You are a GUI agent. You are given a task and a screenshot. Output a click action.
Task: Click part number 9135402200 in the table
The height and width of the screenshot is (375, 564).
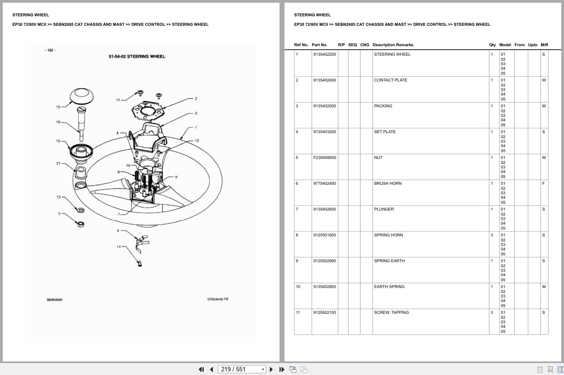(x=325, y=54)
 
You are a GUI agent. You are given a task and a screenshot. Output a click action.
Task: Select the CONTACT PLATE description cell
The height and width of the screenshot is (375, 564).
(x=390, y=80)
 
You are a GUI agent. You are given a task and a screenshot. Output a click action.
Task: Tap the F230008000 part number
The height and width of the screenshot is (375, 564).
(x=325, y=158)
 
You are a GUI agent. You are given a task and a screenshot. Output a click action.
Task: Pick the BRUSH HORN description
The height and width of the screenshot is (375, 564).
(x=388, y=183)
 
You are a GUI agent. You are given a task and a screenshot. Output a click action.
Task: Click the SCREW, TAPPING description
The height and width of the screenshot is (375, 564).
(x=392, y=312)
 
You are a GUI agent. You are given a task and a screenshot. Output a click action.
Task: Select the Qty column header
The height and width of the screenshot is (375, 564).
(x=493, y=45)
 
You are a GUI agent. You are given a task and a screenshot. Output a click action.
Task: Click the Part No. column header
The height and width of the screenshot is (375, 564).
(x=319, y=45)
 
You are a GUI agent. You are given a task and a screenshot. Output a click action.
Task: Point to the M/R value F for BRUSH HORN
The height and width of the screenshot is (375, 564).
(x=543, y=183)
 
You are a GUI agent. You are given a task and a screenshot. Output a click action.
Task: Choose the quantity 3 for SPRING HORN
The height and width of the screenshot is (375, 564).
(x=492, y=235)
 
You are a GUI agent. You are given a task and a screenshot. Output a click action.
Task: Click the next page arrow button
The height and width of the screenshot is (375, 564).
(x=271, y=370)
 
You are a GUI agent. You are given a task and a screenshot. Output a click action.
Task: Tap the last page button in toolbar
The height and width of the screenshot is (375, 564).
(x=282, y=370)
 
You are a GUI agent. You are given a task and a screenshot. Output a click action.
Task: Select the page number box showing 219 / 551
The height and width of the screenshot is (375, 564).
(x=242, y=370)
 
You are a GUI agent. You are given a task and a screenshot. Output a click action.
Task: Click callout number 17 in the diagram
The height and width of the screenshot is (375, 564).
(x=58, y=163)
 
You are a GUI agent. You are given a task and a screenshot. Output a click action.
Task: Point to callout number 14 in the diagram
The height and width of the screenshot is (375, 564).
(x=118, y=247)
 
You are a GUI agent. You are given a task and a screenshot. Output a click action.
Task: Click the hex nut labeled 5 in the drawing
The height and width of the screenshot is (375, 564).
(x=81, y=224)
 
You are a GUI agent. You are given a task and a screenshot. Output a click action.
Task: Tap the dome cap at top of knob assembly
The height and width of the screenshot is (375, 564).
(x=81, y=96)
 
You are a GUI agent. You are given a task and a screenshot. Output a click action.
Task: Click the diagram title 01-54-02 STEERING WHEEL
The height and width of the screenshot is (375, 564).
(x=137, y=57)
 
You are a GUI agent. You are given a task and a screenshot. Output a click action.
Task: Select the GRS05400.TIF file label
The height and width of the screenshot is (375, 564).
(x=218, y=299)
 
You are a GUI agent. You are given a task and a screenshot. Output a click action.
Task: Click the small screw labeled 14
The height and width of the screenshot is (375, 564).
(x=140, y=264)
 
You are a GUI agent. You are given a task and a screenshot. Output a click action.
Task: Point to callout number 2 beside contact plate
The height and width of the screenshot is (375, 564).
(x=196, y=99)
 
